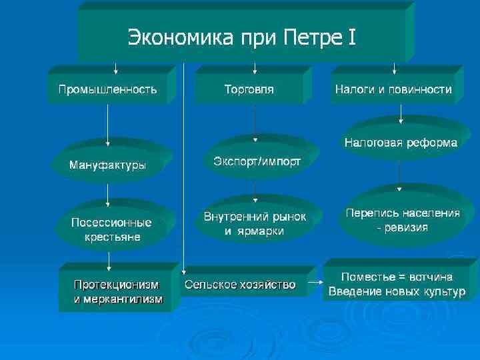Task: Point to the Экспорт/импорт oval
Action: pos(257,161)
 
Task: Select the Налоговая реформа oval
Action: pos(400,143)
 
